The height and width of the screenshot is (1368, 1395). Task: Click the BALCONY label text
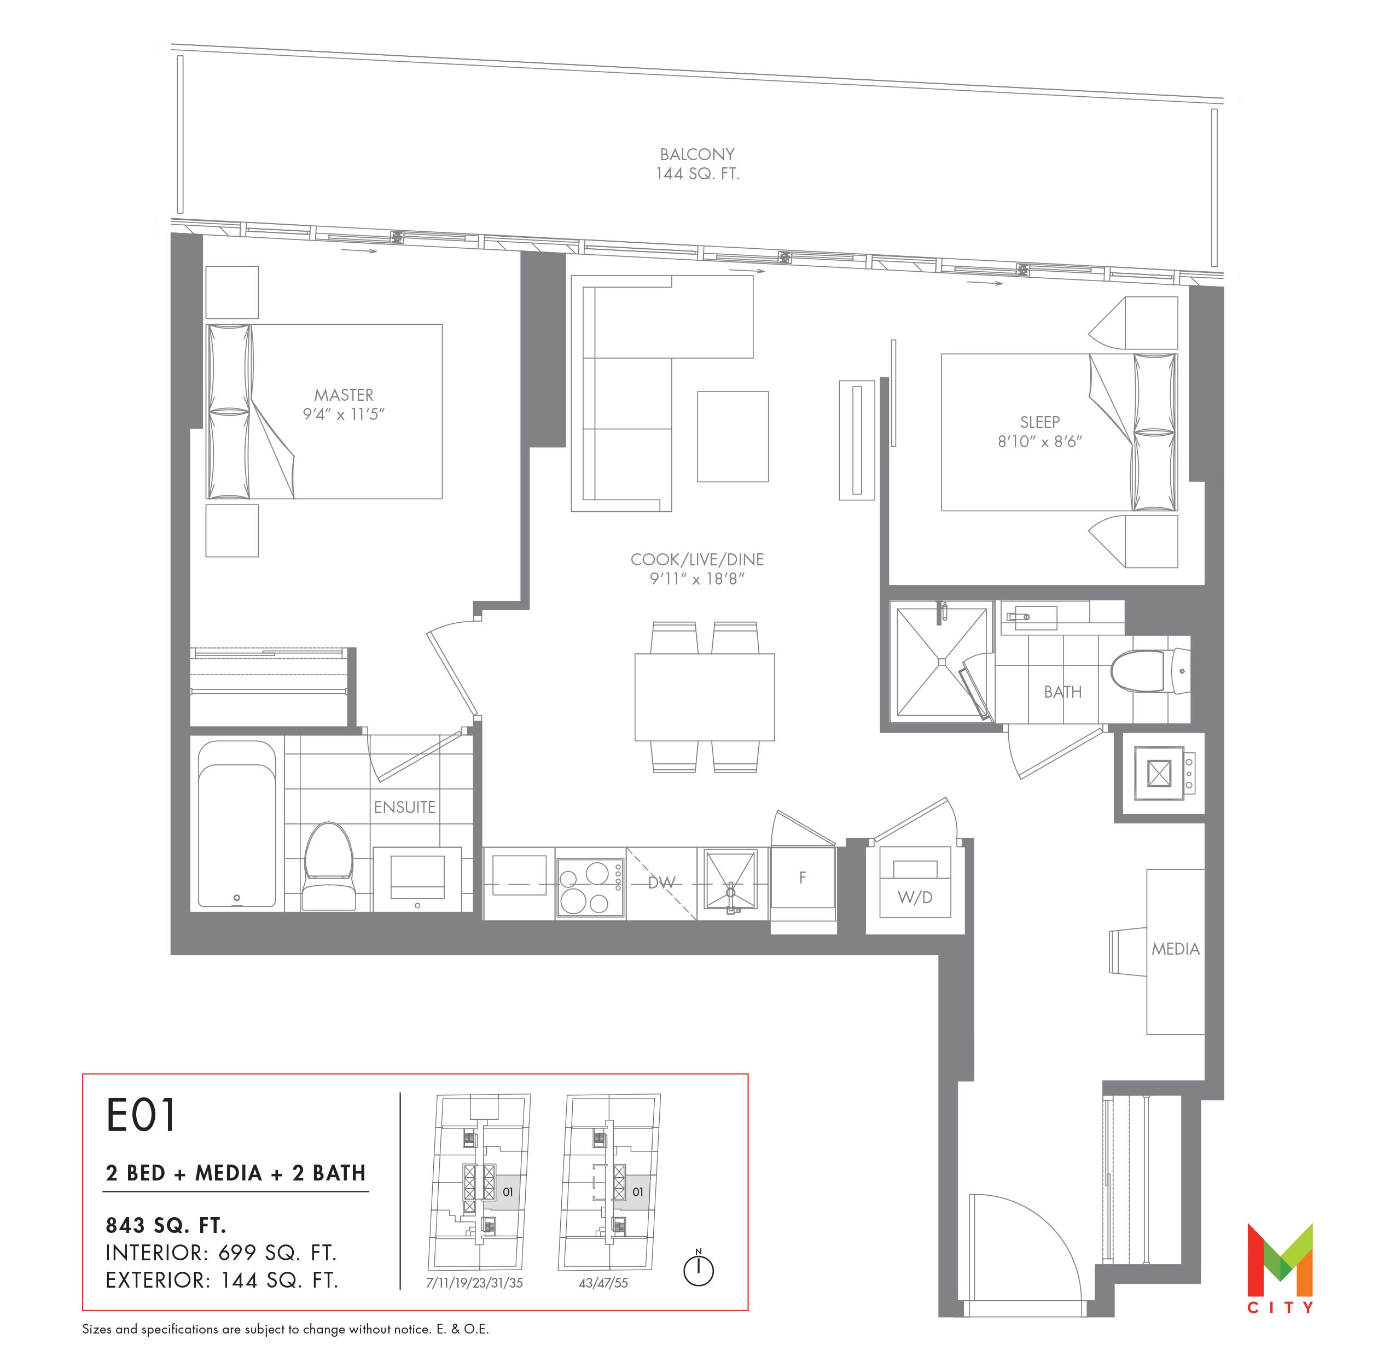[x=697, y=155]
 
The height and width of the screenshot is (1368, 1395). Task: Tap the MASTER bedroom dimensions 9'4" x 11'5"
[x=344, y=414]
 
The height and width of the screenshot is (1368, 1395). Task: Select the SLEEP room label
[x=1039, y=423]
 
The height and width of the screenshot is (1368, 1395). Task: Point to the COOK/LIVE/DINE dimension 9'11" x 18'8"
[x=696, y=579]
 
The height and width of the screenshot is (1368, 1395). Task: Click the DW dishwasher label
[x=662, y=883]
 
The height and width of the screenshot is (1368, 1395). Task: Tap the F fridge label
[x=802, y=876]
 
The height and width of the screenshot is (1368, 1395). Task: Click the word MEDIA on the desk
[x=1175, y=949]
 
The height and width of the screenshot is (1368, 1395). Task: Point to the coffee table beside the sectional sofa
[x=733, y=436]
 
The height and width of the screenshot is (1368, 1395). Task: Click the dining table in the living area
[x=704, y=697]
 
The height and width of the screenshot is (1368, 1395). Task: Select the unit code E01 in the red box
[x=141, y=1115]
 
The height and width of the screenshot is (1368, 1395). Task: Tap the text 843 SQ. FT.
[x=166, y=1224]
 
